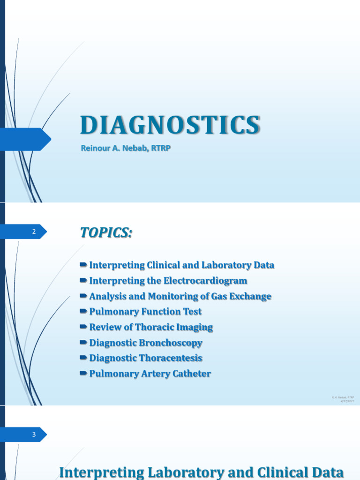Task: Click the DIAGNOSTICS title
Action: coord(170,126)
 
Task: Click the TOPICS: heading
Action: coord(106,232)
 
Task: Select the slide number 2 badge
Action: coord(34,232)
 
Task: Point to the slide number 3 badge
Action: coord(34,435)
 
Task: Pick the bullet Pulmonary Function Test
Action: coord(145,312)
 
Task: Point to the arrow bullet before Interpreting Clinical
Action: coord(83,265)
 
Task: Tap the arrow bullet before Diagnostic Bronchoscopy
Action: coord(83,343)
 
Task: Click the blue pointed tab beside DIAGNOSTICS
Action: coord(28,139)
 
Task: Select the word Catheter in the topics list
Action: coord(191,374)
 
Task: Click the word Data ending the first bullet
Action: coord(264,265)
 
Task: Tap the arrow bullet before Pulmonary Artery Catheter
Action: coord(83,374)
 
